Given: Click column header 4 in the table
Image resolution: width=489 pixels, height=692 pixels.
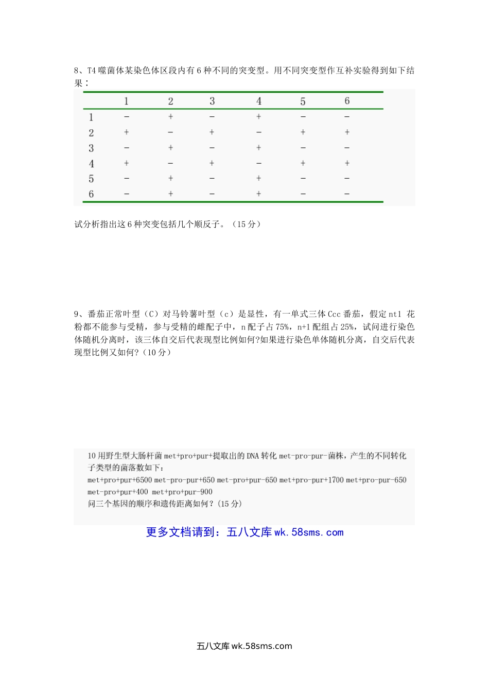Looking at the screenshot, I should (x=259, y=101).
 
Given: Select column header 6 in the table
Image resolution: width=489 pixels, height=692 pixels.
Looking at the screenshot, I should (x=347, y=101).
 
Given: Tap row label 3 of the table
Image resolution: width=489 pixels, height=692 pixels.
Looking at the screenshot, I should (x=91, y=148).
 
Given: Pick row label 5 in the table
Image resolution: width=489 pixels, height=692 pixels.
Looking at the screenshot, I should (x=91, y=179).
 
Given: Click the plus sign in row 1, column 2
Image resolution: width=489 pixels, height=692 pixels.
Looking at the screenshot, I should (x=170, y=117).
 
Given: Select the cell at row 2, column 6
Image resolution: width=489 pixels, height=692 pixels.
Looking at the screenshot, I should (x=347, y=132).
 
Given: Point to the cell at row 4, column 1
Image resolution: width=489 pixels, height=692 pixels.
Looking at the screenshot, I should (x=126, y=163).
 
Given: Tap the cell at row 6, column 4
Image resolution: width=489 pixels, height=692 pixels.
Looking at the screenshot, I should (x=259, y=194).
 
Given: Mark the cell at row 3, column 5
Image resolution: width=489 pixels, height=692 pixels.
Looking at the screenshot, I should (x=303, y=148).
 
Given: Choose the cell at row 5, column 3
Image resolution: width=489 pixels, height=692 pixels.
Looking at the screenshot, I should (x=212, y=178).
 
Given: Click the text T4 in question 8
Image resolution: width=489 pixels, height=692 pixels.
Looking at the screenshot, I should (x=92, y=71).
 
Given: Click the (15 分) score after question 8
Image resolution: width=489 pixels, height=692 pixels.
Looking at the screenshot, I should (x=247, y=224).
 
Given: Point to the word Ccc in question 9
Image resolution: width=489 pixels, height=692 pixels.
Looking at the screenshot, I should (x=334, y=314).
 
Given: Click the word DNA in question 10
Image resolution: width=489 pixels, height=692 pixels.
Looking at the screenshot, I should (x=253, y=456).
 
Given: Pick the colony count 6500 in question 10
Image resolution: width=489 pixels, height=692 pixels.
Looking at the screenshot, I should (x=144, y=480).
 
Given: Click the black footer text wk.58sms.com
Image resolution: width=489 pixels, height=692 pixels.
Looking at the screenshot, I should (x=261, y=646).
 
